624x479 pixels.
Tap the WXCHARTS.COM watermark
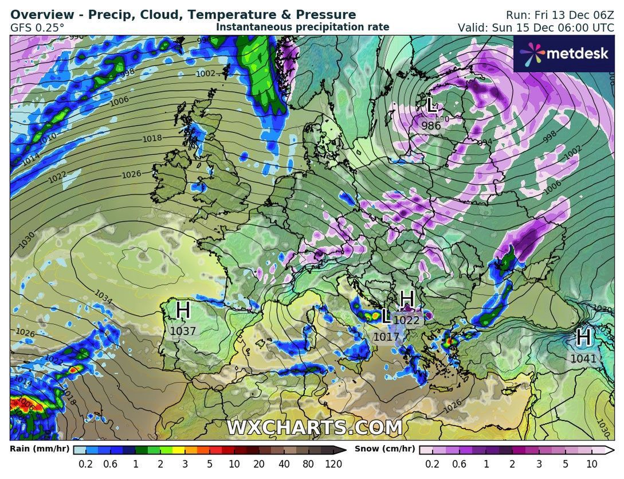pos(314,427)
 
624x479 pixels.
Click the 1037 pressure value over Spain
pos(183,331)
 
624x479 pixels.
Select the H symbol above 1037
pos(183,310)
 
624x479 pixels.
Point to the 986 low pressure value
pos(431,126)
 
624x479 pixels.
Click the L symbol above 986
pos(431,105)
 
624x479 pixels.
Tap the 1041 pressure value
pos(583,359)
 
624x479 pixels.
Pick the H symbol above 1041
pos(583,337)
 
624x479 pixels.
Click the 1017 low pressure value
pos(386,337)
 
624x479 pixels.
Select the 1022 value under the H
pos(407,321)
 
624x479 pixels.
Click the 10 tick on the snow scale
pos(592,464)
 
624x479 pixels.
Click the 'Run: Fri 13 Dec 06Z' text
pos(559,15)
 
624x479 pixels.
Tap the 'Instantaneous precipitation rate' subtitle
pos(303,27)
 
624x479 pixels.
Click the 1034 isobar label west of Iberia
pos(103,297)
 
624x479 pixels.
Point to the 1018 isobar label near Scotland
pos(152,138)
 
